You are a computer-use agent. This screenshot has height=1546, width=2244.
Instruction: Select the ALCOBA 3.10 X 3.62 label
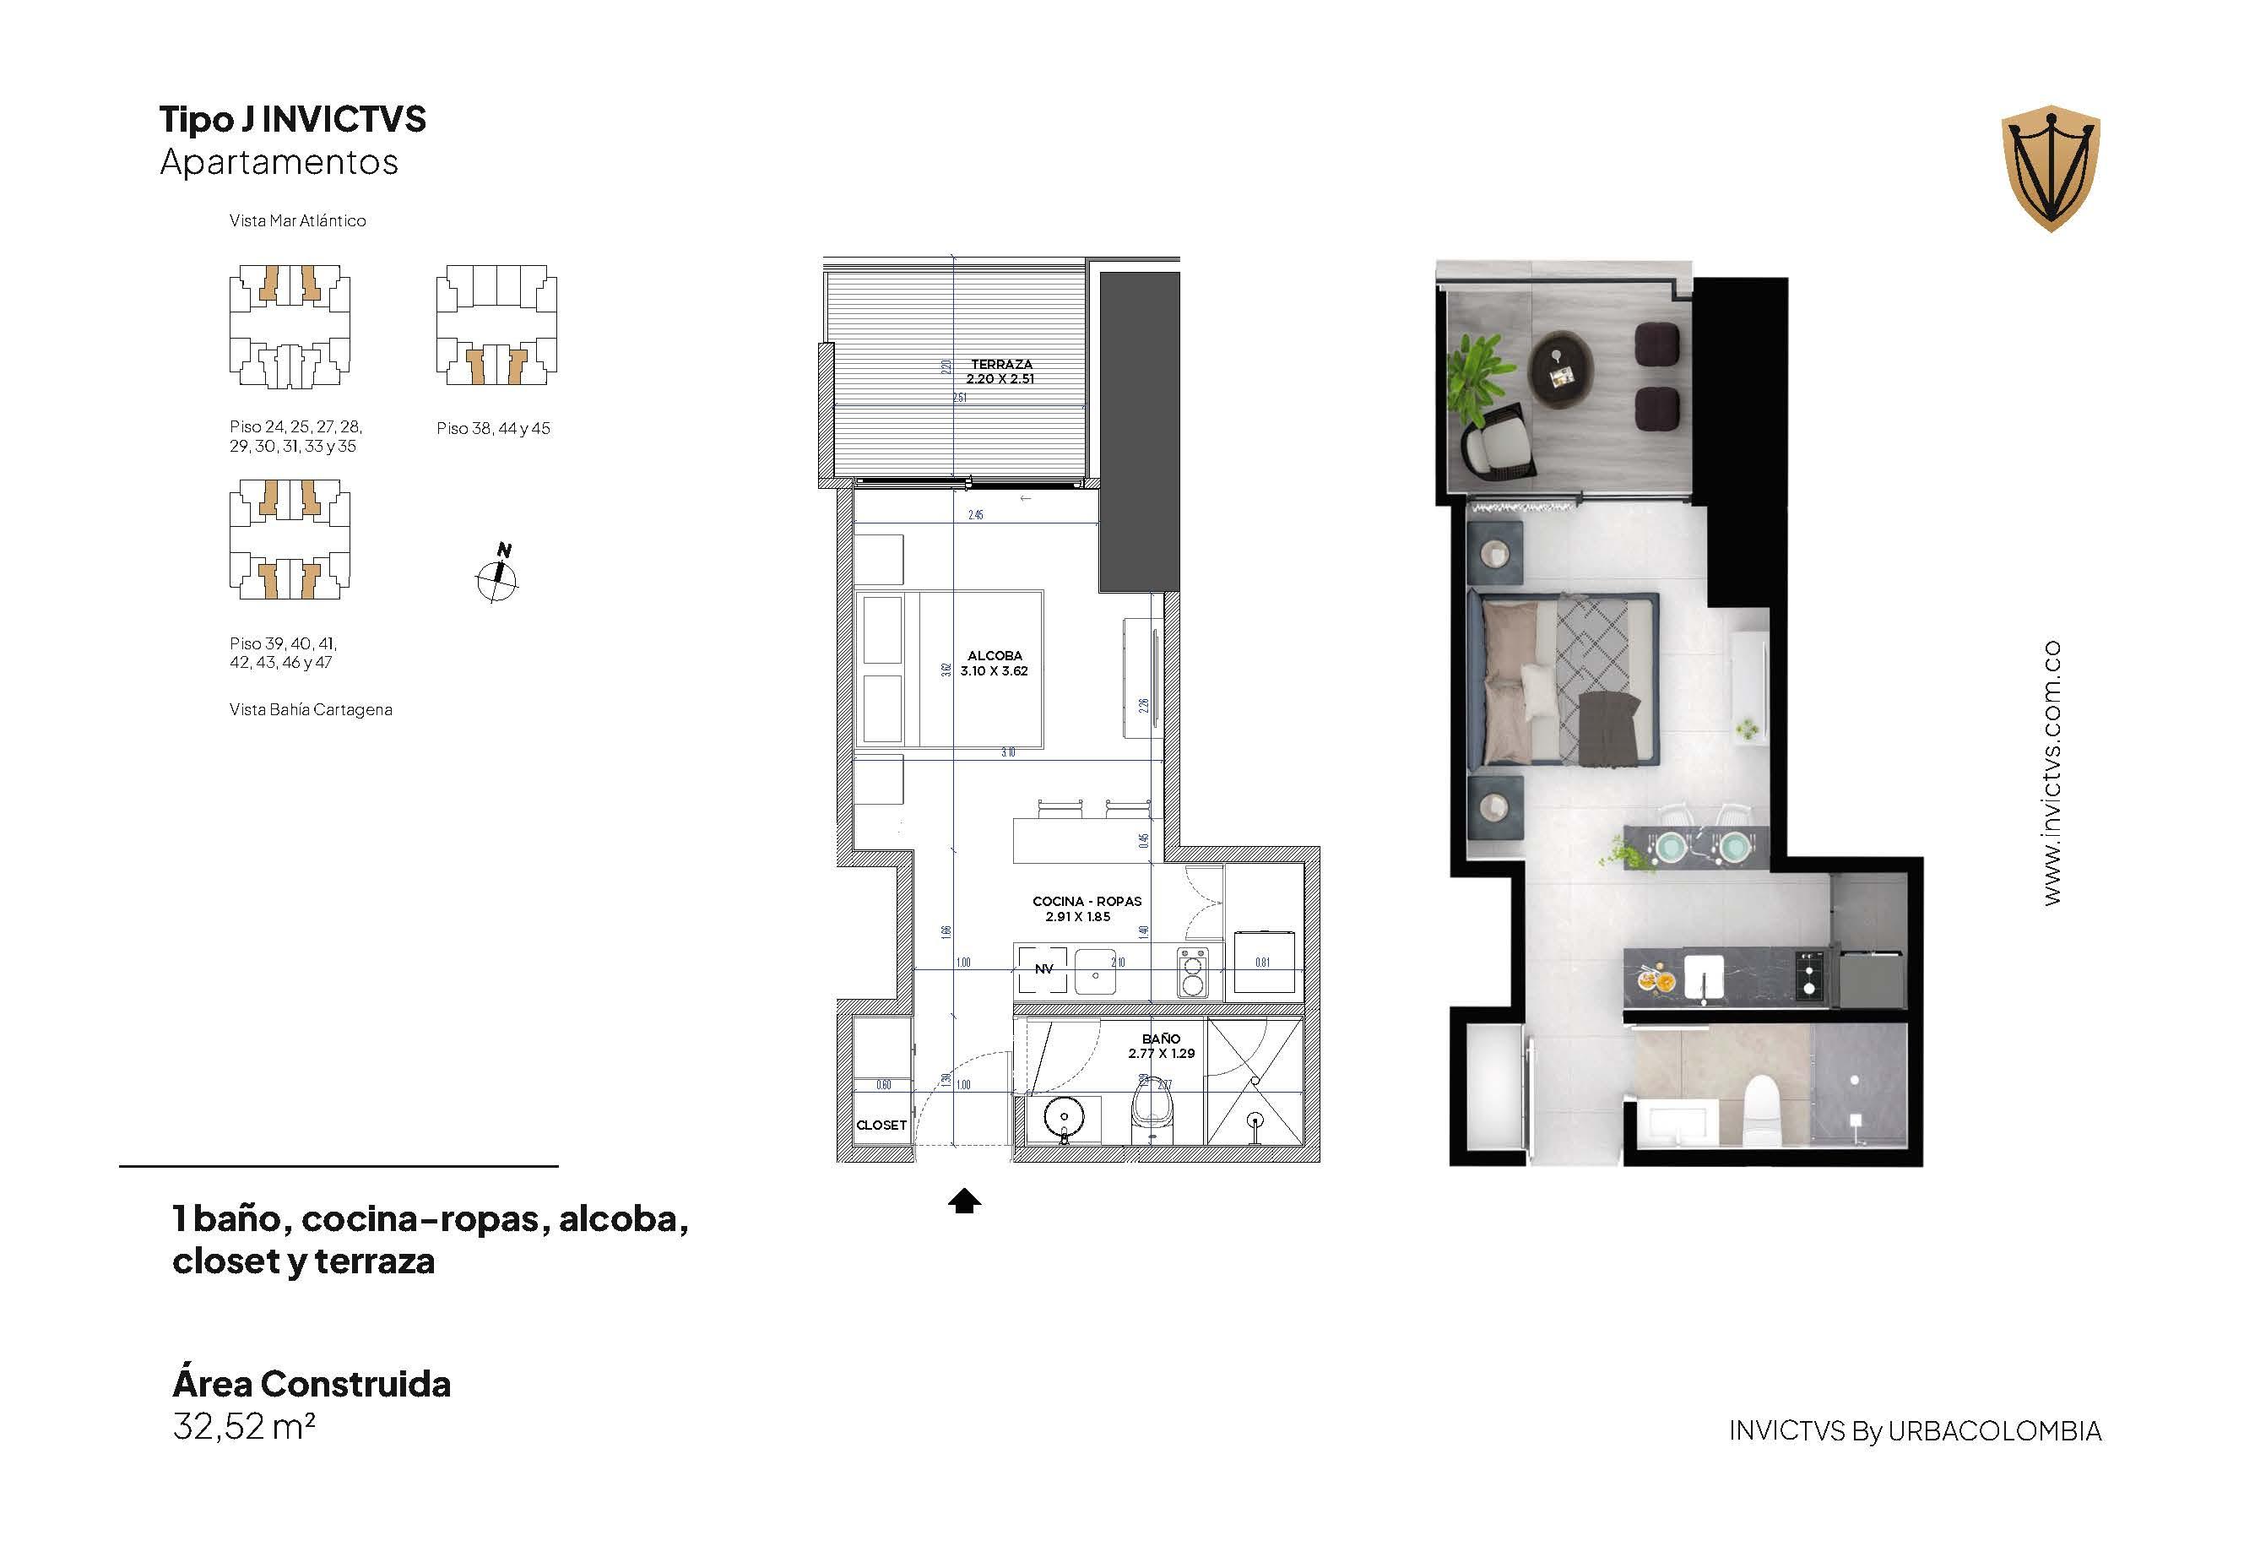point(994,664)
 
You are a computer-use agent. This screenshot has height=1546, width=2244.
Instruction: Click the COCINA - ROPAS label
point(1086,909)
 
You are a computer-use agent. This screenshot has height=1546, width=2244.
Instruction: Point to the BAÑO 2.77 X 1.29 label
point(1160,1045)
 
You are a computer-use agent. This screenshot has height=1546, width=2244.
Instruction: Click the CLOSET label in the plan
point(881,1125)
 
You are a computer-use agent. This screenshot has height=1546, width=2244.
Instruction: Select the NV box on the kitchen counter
point(1043,968)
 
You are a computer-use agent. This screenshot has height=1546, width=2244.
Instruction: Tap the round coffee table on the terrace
point(1561,369)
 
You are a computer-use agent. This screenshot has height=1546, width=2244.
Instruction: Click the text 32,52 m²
point(244,1427)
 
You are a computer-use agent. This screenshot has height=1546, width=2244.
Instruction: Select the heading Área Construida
point(311,1383)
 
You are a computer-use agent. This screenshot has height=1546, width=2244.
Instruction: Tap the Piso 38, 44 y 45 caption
point(493,428)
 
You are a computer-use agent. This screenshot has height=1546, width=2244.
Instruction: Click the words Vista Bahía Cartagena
point(311,709)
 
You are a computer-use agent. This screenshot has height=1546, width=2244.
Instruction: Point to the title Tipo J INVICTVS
point(292,119)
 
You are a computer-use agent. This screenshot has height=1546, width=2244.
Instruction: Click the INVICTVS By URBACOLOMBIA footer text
point(1915,1430)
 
